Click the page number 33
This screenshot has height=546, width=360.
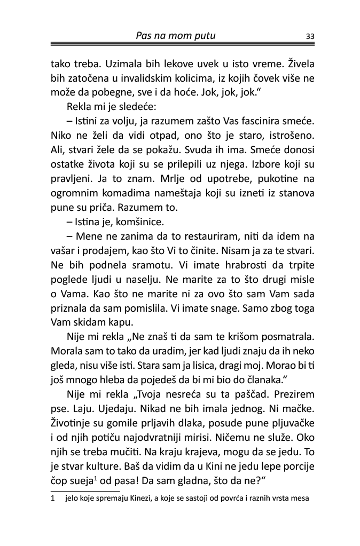point(309,37)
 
